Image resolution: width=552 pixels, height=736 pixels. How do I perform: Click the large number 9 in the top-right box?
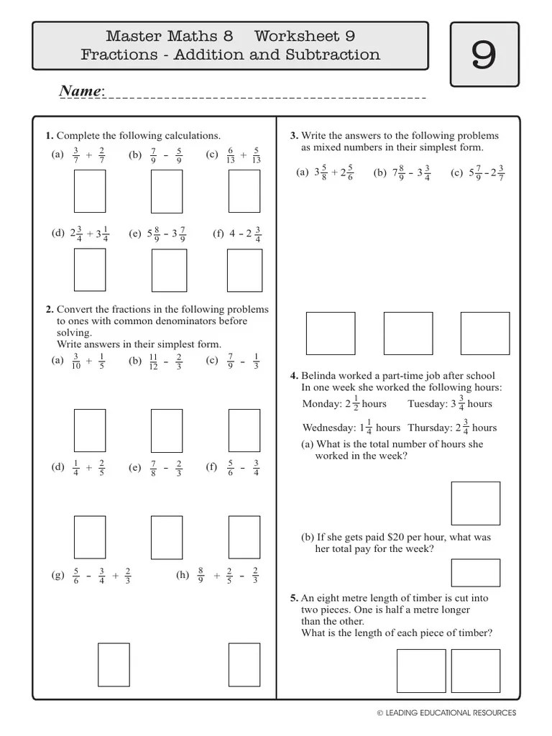coord(484,55)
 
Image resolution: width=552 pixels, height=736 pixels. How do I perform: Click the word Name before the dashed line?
coord(80,91)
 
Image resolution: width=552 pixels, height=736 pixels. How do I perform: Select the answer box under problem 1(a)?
coord(90,191)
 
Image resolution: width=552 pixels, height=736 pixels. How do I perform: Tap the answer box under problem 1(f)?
coord(244,270)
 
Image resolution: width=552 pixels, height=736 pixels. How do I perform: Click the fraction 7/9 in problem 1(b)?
coord(153,155)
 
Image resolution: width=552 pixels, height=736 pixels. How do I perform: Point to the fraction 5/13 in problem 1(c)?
coord(257,155)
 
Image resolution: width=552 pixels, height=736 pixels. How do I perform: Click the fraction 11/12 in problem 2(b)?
coord(153,361)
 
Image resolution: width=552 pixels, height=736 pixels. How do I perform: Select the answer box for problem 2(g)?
coord(114,665)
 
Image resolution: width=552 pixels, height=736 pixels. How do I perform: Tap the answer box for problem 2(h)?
coord(244,665)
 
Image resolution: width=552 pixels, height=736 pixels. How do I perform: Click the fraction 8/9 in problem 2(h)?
coord(201,575)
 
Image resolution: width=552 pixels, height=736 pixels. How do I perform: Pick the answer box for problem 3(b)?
coord(408,333)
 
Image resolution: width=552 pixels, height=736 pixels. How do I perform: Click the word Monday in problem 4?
coord(321,404)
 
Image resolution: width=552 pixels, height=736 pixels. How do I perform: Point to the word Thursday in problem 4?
coord(429,428)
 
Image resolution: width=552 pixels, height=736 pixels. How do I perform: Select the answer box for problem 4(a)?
coord(475,503)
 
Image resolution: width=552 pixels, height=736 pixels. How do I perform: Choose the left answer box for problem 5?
coord(421,671)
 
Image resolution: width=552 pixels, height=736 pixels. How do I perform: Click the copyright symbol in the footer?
coord(380,713)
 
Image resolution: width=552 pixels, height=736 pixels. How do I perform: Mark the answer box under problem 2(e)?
coord(167,538)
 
